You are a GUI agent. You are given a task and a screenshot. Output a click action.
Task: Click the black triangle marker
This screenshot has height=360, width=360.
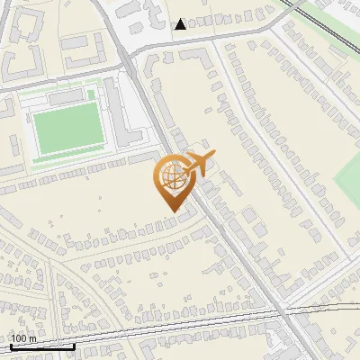pyautogui.click(x=181, y=24)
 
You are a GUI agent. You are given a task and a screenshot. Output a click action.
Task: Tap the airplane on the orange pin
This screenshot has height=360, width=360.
pyautogui.click(x=197, y=164)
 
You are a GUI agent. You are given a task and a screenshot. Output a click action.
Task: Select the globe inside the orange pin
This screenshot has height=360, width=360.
pyautogui.click(x=170, y=177)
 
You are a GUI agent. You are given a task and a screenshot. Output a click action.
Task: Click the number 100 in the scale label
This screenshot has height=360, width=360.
pyautogui.click(x=19, y=338)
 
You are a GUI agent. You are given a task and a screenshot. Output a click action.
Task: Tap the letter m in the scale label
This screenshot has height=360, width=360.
pyautogui.click(x=32, y=338)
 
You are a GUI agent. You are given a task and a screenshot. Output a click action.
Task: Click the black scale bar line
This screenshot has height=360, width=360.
pyautogui.click(x=42, y=346)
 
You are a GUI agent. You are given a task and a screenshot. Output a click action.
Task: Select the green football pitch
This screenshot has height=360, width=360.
pyautogui.click(x=67, y=127)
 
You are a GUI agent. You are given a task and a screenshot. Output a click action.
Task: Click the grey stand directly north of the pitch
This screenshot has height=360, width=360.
pyautogui.click(x=65, y=95)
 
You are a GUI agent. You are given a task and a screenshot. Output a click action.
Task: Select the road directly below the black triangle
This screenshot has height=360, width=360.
pyautogui.click(x=181, y=40)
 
